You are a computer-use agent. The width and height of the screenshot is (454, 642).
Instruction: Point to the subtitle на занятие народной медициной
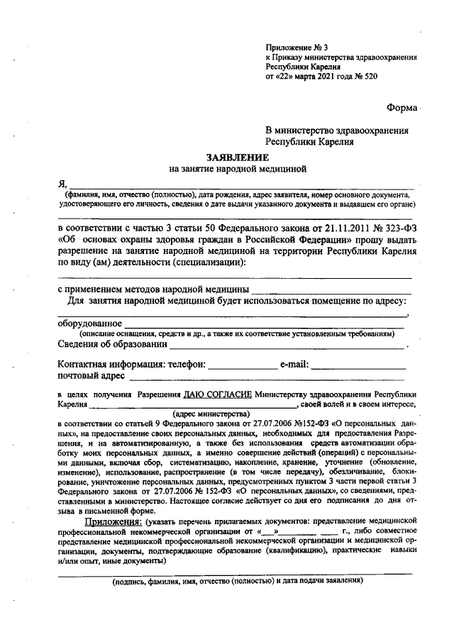236,170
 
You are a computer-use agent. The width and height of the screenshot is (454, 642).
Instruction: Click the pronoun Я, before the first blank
62,184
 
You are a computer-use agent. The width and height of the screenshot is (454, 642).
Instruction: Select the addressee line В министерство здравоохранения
337,131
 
